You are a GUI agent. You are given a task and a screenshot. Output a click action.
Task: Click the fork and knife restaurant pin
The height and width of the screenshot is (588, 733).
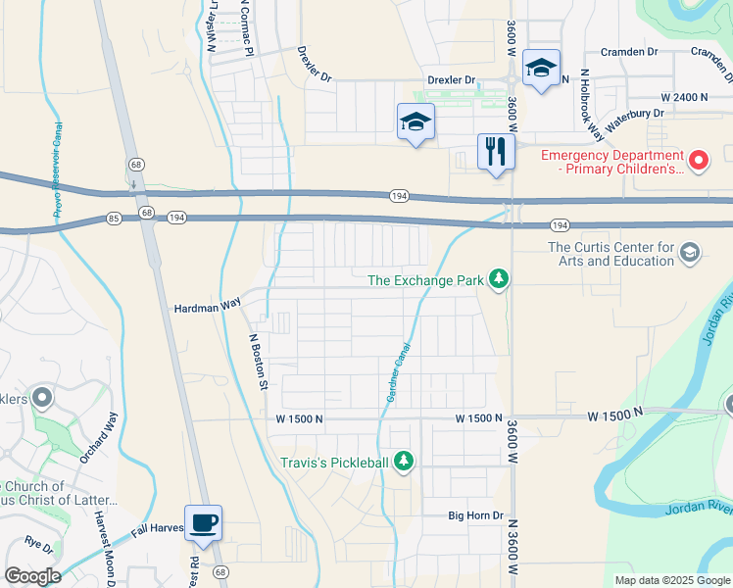pos(497,152)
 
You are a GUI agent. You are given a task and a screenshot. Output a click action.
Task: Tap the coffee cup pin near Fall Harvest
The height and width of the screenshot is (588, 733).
pos(203,523)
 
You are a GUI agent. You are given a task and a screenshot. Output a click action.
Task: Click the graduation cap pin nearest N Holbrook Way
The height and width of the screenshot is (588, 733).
pos(541,69)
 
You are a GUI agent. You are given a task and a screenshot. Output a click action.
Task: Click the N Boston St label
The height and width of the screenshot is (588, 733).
pos(259,361)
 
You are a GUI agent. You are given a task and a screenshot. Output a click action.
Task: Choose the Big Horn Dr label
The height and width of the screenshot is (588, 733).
pos(475,515)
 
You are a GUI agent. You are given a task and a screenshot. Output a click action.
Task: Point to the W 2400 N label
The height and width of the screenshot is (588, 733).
pos(684,98)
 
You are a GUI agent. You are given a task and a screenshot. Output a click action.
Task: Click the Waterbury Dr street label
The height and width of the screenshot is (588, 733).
pos(636,114)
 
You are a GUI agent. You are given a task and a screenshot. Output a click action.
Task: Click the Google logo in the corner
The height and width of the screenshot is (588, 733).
pos(32,576)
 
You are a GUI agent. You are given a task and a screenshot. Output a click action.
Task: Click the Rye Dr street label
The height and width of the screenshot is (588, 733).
pos(39,540)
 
